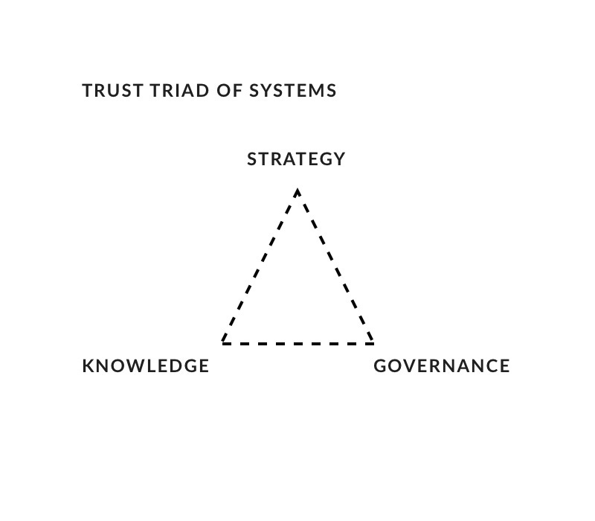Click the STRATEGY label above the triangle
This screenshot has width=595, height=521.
click(x=296, y=159)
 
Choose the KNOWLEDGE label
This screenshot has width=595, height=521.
click(x=146, y=366)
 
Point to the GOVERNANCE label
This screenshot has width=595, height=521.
click(x=442, y=366)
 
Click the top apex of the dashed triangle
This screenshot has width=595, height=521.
click(x=297, y=190)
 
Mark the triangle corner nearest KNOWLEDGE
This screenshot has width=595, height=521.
click(x=222, y=343)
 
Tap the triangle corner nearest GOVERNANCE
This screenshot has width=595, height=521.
click(x=373, y=343)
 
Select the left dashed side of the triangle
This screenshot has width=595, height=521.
click(x=260, y=266)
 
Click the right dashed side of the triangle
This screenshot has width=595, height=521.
click(x=335, y=266)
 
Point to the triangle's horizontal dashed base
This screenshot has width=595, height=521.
click(x=297, y=344)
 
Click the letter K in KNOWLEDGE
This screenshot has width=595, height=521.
click(x=88, y=366)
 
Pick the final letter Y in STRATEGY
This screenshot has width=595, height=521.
click(x=339, y=159)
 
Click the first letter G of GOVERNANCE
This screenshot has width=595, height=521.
click(x=380, y=366)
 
